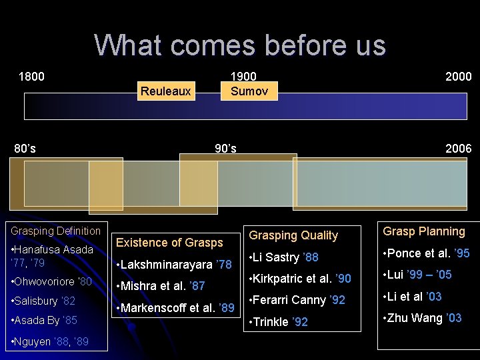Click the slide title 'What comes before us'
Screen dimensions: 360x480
[239, 45]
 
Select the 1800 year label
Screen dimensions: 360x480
[31, 77]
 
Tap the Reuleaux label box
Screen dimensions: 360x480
[165, 91]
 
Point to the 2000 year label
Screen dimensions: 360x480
[458, 77]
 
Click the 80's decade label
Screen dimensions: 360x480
[25, 148]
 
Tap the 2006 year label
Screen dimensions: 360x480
[458, 148]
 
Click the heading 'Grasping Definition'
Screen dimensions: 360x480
[55, 231]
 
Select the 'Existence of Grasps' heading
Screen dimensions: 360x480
[169, 243]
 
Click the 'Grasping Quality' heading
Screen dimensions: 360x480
[293, 235]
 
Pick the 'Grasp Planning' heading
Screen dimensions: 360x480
[424, 231]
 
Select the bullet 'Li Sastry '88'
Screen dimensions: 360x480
[283, 257]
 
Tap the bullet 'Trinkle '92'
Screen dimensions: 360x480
[278, 322]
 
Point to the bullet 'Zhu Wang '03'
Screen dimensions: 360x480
[421, 318]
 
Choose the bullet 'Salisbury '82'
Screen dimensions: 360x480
[43, 301]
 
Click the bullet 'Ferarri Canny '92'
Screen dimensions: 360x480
[297, 300]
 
